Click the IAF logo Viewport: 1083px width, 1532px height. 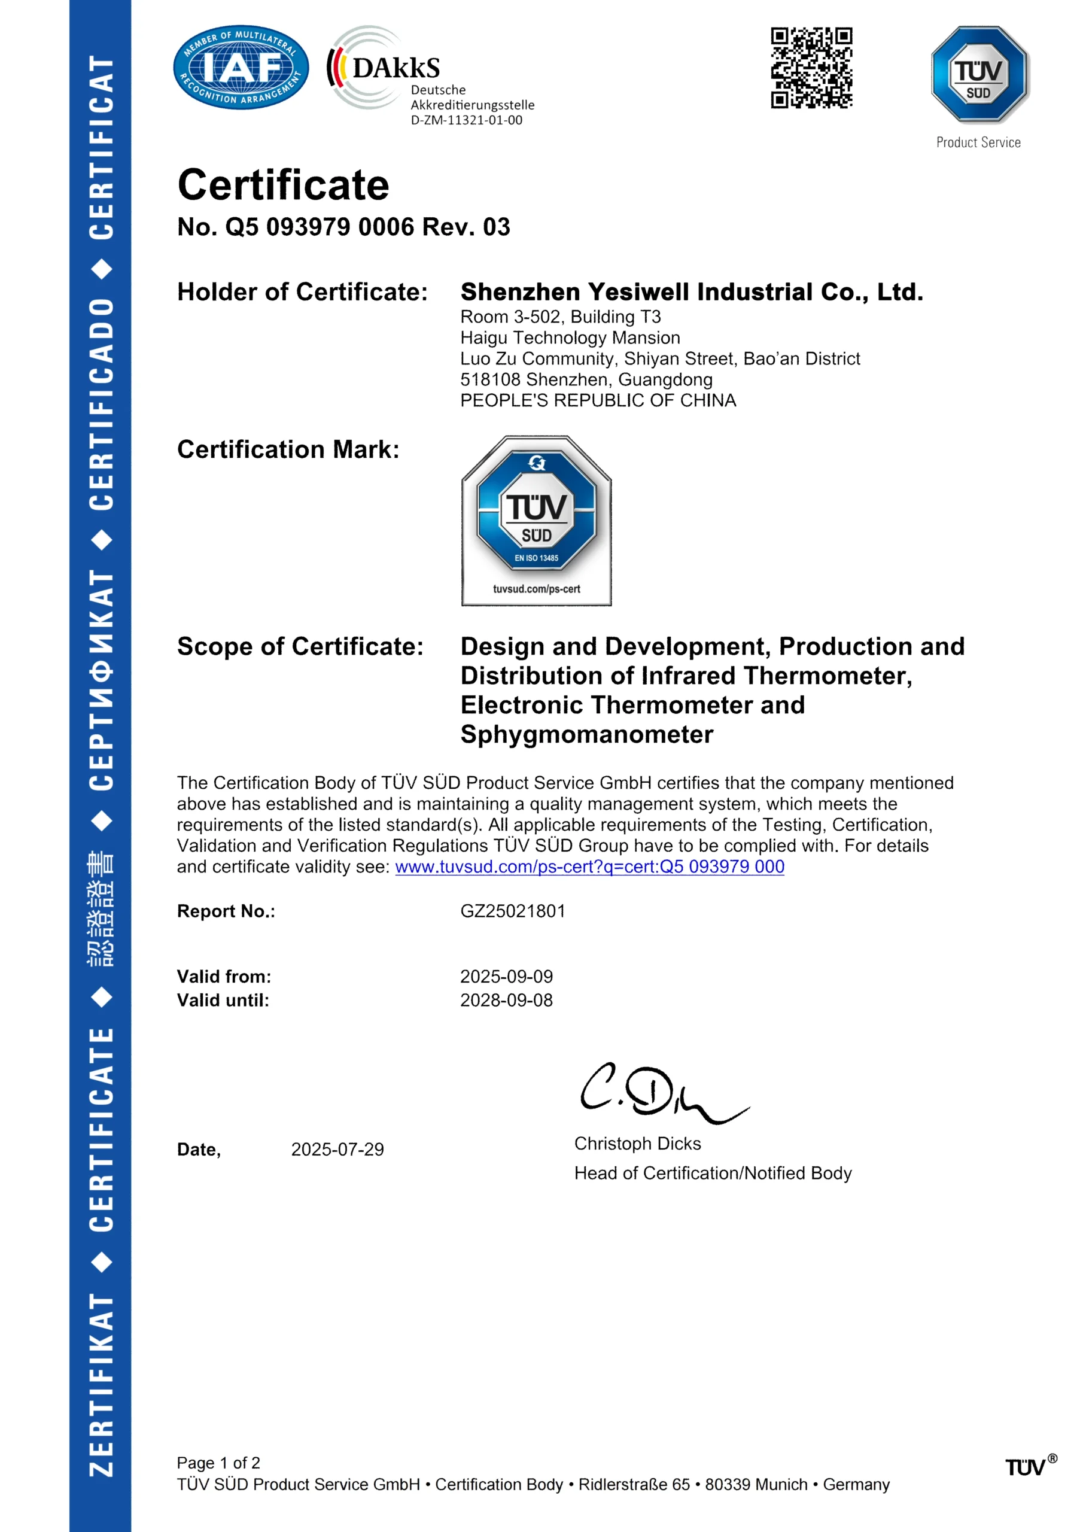[x=241, y=68]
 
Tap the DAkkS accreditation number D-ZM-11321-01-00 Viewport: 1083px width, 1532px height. [x=467, y=121]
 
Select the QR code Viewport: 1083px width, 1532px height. [x=811, y=68]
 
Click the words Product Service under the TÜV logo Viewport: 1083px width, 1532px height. [x=978, y=142]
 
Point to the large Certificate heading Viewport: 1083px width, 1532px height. [x=283, y=185]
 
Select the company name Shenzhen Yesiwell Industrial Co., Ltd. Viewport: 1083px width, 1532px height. [x=691, y=292]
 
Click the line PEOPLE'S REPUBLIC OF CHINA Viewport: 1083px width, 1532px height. [x=598, y=400]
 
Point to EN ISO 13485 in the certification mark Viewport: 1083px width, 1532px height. [x=537, y=558]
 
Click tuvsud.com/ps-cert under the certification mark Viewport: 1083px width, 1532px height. [x=537, y=589]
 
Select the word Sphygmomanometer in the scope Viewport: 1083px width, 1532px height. [x=586, y=735]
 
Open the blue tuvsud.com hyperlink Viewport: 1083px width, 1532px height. [x=589, y=867]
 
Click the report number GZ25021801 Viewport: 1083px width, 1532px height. [x=512, y=911]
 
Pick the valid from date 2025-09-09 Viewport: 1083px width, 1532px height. [x=506, y=977]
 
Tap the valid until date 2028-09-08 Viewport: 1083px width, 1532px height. [x=506, y=1000]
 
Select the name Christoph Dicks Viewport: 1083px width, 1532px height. [x=637, y=1144]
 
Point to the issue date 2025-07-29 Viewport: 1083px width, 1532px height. [x=337, y=1150]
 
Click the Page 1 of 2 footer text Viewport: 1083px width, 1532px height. [x=218, y=1463]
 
